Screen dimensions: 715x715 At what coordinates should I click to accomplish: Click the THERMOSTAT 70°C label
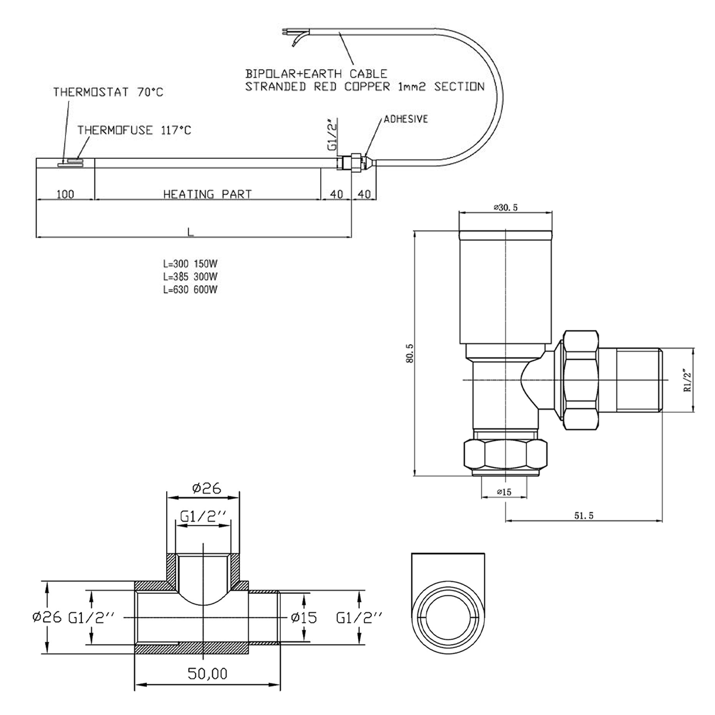point(108,92)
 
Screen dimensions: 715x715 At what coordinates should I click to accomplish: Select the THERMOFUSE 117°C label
point(134,130)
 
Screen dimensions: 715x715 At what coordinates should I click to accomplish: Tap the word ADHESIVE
point(406,119)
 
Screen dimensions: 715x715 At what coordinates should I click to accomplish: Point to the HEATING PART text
point(207,194)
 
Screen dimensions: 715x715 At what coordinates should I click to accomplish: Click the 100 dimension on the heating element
point(65,194)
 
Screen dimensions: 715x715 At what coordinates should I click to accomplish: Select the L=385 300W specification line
point(190,276)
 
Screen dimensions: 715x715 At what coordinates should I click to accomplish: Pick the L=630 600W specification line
point(190,289)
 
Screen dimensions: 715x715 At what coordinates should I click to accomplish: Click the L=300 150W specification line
point(190,264)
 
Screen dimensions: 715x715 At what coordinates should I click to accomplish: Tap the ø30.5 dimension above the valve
point(506,207)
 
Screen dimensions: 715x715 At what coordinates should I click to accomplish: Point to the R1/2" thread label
point(687,380)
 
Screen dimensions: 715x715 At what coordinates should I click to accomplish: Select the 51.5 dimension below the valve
point(583,515)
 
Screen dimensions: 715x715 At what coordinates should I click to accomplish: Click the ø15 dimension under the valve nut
point(504,492)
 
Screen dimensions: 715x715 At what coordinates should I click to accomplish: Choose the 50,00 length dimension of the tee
point(207,674)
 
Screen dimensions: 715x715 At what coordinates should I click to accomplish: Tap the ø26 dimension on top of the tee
point(207,488)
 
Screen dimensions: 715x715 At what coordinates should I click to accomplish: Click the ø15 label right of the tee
point(304,618)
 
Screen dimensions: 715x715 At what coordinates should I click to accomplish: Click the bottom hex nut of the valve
point(505,455)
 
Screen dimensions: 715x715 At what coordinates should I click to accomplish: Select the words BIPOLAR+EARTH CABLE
point(316,74)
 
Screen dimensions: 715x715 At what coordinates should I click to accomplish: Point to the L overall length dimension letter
point(191,232)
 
